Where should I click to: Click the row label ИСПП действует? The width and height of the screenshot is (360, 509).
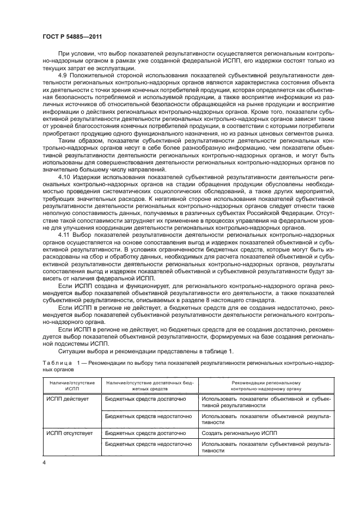pyautogui.click(x=65, y=399)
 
